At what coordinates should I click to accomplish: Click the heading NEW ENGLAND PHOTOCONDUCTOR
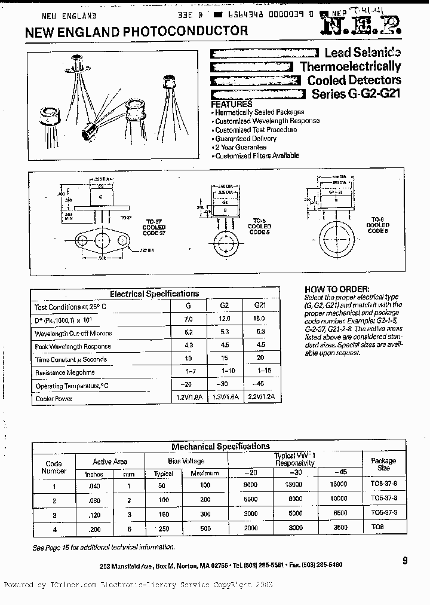(x=136, y=31)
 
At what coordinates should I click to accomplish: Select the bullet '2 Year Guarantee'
(x=240, y=147)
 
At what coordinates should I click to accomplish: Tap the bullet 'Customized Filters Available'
(x=257, y=155)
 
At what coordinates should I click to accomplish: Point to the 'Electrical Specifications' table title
(x=154, y=294)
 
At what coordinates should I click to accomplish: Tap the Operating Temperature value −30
(x=225, y=385)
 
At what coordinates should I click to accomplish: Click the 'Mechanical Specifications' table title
(x=220, y=446)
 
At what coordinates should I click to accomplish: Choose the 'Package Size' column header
(x=383, y=464)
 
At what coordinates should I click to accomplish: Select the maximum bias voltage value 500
(x=205, y=528)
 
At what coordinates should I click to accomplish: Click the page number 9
(x=405, y=560)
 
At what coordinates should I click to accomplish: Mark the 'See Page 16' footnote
(x=104, y=547)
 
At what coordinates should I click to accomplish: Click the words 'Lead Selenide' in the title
(x=363, y=53)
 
